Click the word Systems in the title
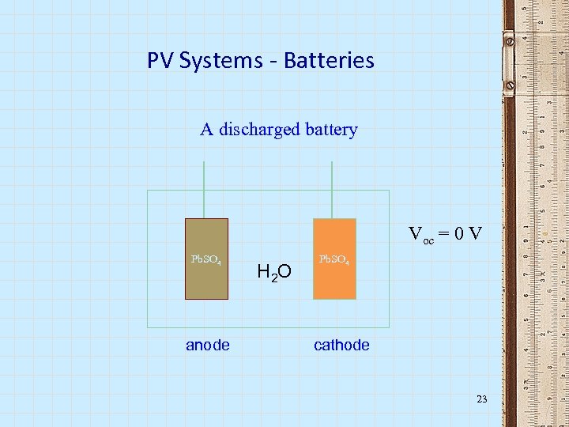click(x=215, y=60)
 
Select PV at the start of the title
click(x=160, y=60)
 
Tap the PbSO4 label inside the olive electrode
click(x=206, y=259)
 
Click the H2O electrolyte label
click(x=274, y=273)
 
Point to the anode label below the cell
click(x=208, y=345)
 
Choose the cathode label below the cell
click(x=341, y=345)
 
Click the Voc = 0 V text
click(x=445, y=234)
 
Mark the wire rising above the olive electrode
click(x=205, y=190)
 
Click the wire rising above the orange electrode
click(x=332, y=190)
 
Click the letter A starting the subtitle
click(x=207, y=129)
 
